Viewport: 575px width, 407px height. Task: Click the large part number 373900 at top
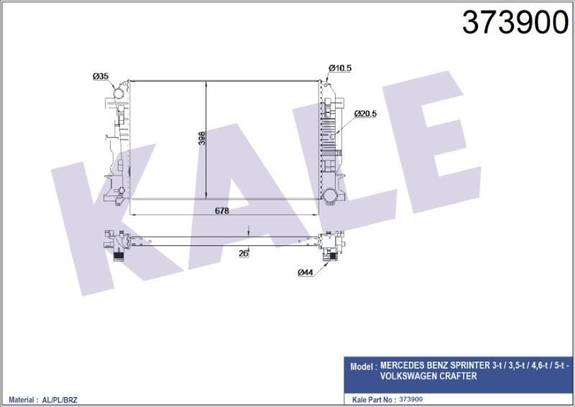pos(515,22)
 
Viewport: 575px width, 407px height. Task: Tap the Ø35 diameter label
pos(101,76)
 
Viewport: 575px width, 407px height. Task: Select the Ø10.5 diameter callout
pos(340,68)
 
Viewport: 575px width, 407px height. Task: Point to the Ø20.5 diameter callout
pos(365,114)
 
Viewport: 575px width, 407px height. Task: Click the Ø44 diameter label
pos(305,273)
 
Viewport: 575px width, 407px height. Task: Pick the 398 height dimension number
pos(202,138)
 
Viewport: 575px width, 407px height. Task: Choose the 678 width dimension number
pos(222,211)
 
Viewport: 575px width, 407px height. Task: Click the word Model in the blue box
pos(361,366)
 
